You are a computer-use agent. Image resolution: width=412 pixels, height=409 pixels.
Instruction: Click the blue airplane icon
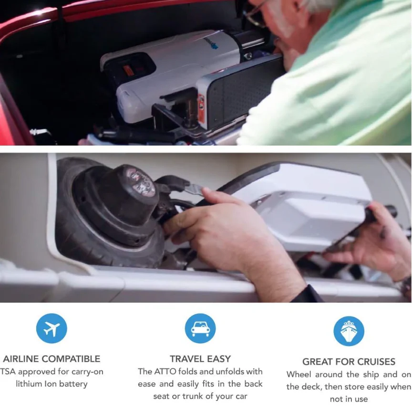click(51, 328)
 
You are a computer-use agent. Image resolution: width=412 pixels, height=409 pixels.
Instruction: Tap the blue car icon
click(200, 328)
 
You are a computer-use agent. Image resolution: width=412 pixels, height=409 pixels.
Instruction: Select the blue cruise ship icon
click(349, 331)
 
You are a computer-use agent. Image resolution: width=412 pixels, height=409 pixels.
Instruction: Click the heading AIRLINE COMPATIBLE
click(51, 359)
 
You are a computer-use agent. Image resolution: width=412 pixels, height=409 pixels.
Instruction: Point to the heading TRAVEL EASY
click(200, 359)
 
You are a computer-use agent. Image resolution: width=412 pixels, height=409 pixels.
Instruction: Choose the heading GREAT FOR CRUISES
click(349, 362)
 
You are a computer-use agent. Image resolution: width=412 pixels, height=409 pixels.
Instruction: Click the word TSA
click(8, 372)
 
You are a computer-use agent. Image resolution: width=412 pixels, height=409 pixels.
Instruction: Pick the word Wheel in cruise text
click(299, 374)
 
